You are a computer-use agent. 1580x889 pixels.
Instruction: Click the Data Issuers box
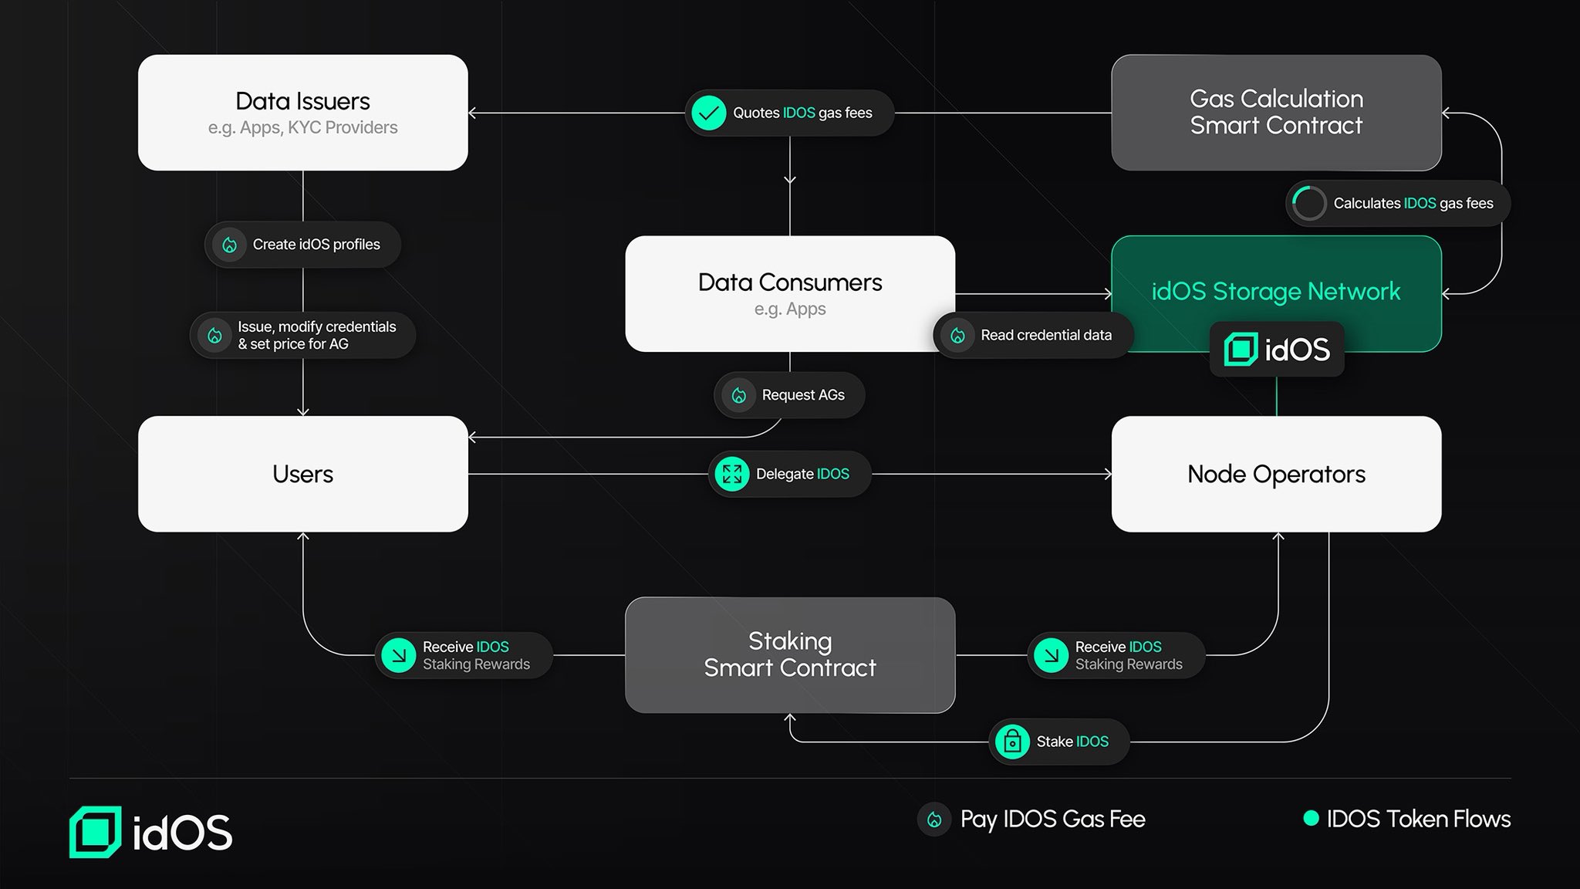(302, 113)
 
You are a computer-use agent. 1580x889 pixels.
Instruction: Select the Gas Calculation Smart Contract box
(1276, 113)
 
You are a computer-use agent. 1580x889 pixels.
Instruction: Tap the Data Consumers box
(789, 293)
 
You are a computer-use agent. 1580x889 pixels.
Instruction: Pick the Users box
(302, 474)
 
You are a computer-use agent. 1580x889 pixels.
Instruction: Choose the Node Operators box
(1276, 474)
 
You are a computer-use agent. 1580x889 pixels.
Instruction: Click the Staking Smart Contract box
(789, 654)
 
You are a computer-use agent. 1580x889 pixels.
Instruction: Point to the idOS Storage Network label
(1276, 291)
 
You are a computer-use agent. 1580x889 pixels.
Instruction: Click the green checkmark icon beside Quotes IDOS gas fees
(708, 113)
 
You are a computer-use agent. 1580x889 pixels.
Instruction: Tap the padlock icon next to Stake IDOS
(1012, 742)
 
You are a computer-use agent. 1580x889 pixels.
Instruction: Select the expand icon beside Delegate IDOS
(731, 474)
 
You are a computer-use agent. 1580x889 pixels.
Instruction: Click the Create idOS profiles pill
(302, 245)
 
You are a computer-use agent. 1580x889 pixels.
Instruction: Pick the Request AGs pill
(789, 395)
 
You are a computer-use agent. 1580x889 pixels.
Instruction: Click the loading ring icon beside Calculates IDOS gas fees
(1308, 204)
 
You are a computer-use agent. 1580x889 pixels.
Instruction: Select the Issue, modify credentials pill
(302, 335)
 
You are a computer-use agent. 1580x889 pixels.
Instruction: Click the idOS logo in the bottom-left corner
(151, 832)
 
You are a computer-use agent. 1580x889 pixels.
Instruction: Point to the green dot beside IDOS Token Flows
(1311, 818)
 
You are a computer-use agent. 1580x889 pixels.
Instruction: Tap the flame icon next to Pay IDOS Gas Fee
(934, 820)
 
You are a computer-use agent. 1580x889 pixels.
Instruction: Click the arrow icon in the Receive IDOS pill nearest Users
(399, 655)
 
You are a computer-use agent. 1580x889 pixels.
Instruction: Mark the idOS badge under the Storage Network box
(1276, 350)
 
